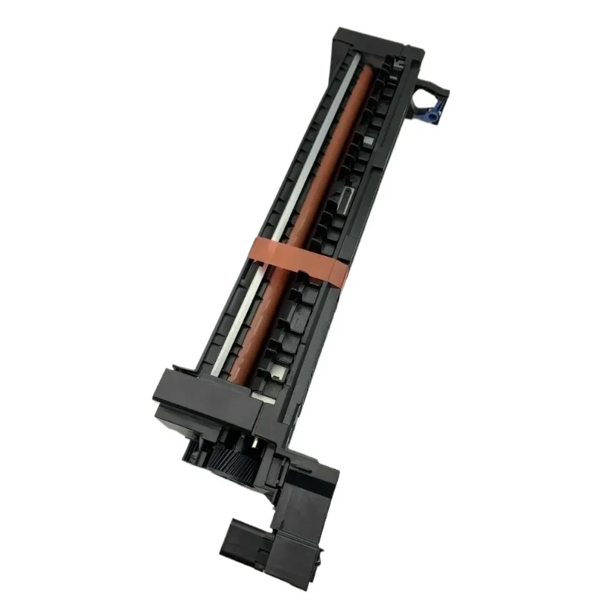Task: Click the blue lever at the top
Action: point(433,114)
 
